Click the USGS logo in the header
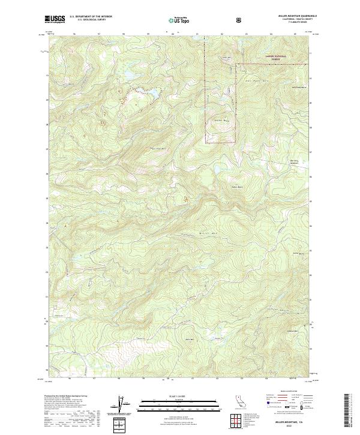[x=56, y=19]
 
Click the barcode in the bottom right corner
[x=346, y=411]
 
